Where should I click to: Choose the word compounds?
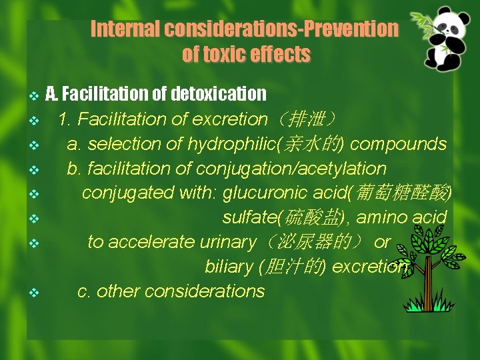398,144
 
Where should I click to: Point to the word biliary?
228,267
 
